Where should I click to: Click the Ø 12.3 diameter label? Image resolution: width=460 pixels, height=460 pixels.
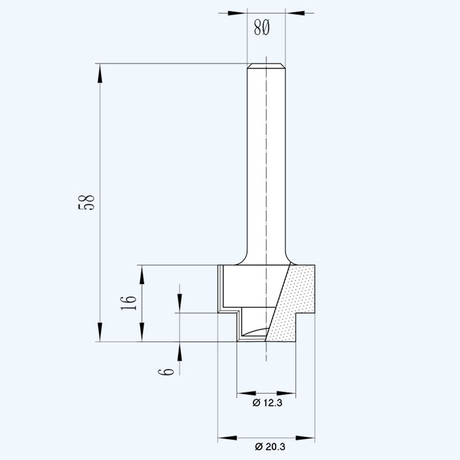tap(267, 403)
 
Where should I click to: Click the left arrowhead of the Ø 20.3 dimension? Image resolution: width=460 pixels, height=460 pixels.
tap(225, 438)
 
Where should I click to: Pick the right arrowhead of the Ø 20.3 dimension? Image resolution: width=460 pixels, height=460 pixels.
tap(307, 438)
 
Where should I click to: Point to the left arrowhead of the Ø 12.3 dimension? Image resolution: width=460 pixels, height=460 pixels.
tap(244, 394)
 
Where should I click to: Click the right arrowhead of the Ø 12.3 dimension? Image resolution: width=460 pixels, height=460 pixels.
tap(289, 394)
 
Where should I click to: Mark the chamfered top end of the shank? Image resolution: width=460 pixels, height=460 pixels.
tap(266, 66)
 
